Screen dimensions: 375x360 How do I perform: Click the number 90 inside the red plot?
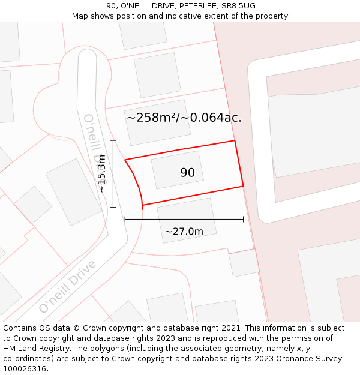pos(187,173)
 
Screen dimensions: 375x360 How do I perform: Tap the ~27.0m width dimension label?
pos(184,232)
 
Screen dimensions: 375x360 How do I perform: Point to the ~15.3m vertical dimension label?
pos(102,173)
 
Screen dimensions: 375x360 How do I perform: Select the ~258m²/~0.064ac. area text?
pos(184,118)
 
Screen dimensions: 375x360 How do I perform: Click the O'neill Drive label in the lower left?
pos(67,287)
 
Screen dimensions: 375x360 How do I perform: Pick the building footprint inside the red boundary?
pos(177,169)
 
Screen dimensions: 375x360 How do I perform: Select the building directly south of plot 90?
pos(186,220)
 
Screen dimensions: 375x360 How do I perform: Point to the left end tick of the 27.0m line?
pos(125,219)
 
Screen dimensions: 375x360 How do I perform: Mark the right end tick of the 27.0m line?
pos(243,219)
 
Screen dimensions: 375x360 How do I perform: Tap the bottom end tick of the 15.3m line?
pos(113,208)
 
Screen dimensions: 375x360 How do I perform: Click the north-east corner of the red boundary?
pos(234,141)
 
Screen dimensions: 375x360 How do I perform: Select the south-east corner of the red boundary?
pos(243,186)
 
